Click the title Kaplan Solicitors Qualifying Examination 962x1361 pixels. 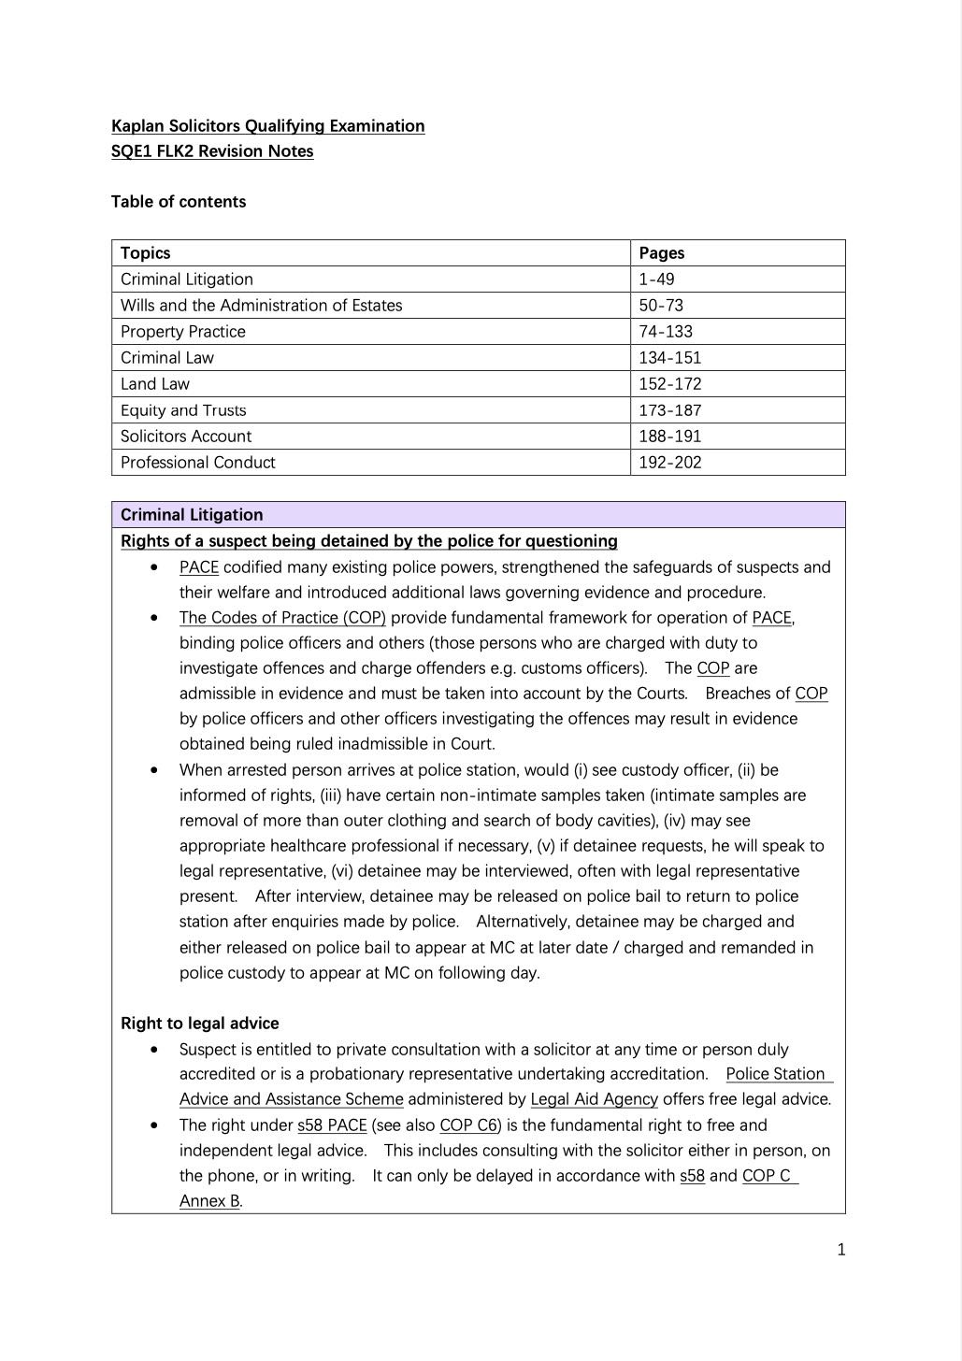pyautogui.click(x=267, y=126)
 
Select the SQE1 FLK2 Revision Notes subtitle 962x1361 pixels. pyautogui.click(x=212, y=151)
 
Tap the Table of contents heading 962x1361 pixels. pyautogui.click(x=179, y=202)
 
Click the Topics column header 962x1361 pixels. pyautogui.click(x=146, y=253)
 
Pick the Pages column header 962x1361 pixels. pyautogui.click(x=662, y=253)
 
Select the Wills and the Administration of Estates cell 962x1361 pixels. pyautogui.click(x=261, y=306)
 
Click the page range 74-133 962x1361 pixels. pyautogui.click(x=666, y=332)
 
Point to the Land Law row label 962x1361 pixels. pyautogui.click(x=155, y=384)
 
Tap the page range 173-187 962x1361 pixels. pyautogui.click(x=669, y=410)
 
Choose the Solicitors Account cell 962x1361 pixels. pyautogui.click(x=186, y=437)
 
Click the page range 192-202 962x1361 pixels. pyautogui.click(x=669, y=463)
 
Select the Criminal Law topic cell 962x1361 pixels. pyautogui.click(x=167, y=358)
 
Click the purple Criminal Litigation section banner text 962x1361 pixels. pyautogui.click(x=192, y=515)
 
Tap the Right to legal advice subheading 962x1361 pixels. pyautogui.click(x=200, y=1024)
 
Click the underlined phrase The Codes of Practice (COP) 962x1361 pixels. pyautogui.click(x=282, y=618)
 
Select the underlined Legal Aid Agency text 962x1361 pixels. pyautogui.click(x=594, y=1099)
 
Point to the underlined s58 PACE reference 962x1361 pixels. pyautogui.click(x=332, y=1125)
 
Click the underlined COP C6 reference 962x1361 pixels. pyautogui.click(x=468, y=1125)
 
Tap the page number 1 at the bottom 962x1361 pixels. pyautogui.click(x=841, y=1250)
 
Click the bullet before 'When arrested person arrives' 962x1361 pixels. pyautogui.click(x=153, y=770)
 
